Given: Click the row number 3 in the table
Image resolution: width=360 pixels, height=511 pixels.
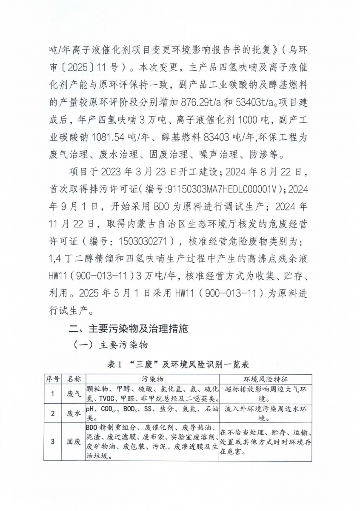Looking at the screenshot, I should (53, 442).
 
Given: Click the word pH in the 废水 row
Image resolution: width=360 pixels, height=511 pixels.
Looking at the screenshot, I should (90, 409).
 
